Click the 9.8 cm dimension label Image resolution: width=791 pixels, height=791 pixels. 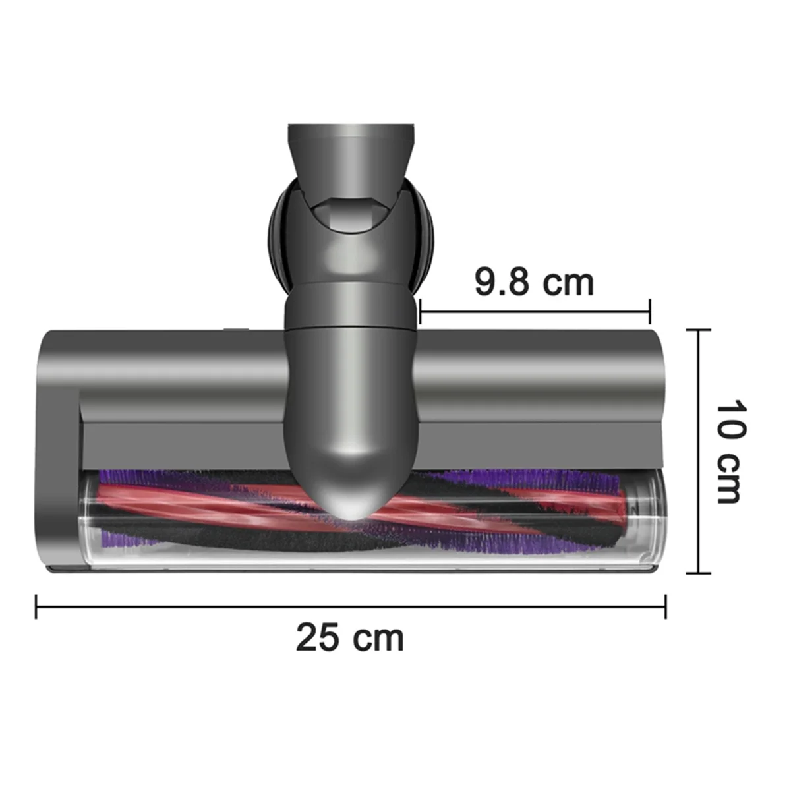click(534, 282)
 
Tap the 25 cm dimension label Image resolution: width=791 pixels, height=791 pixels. click(349, 638)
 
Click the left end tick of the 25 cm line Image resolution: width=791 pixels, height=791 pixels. click(36, 606)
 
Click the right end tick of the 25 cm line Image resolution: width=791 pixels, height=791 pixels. click(666, 606)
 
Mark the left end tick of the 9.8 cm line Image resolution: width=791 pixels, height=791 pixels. click(420, 310)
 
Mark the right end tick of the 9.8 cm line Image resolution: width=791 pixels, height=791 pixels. click(651, 310)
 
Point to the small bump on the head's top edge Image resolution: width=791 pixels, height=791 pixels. click(232, 328)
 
